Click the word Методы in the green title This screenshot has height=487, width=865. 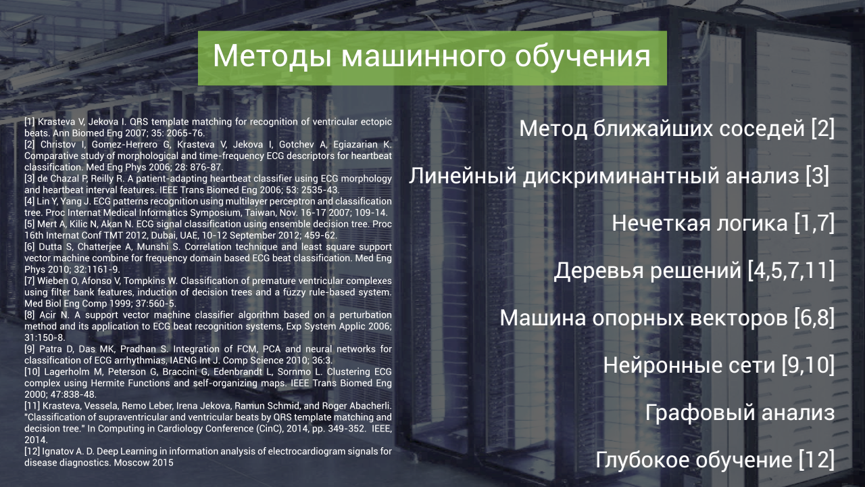click(272, 56)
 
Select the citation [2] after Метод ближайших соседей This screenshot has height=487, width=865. click(822, 129)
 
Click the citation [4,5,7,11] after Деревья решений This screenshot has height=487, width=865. click(791, 270)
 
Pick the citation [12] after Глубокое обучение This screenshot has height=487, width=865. click(816, 460)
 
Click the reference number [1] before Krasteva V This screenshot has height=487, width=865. click(30, 122)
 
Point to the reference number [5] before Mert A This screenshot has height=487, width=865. click(30, 224)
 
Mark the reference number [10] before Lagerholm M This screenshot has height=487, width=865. click(32, 372)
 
